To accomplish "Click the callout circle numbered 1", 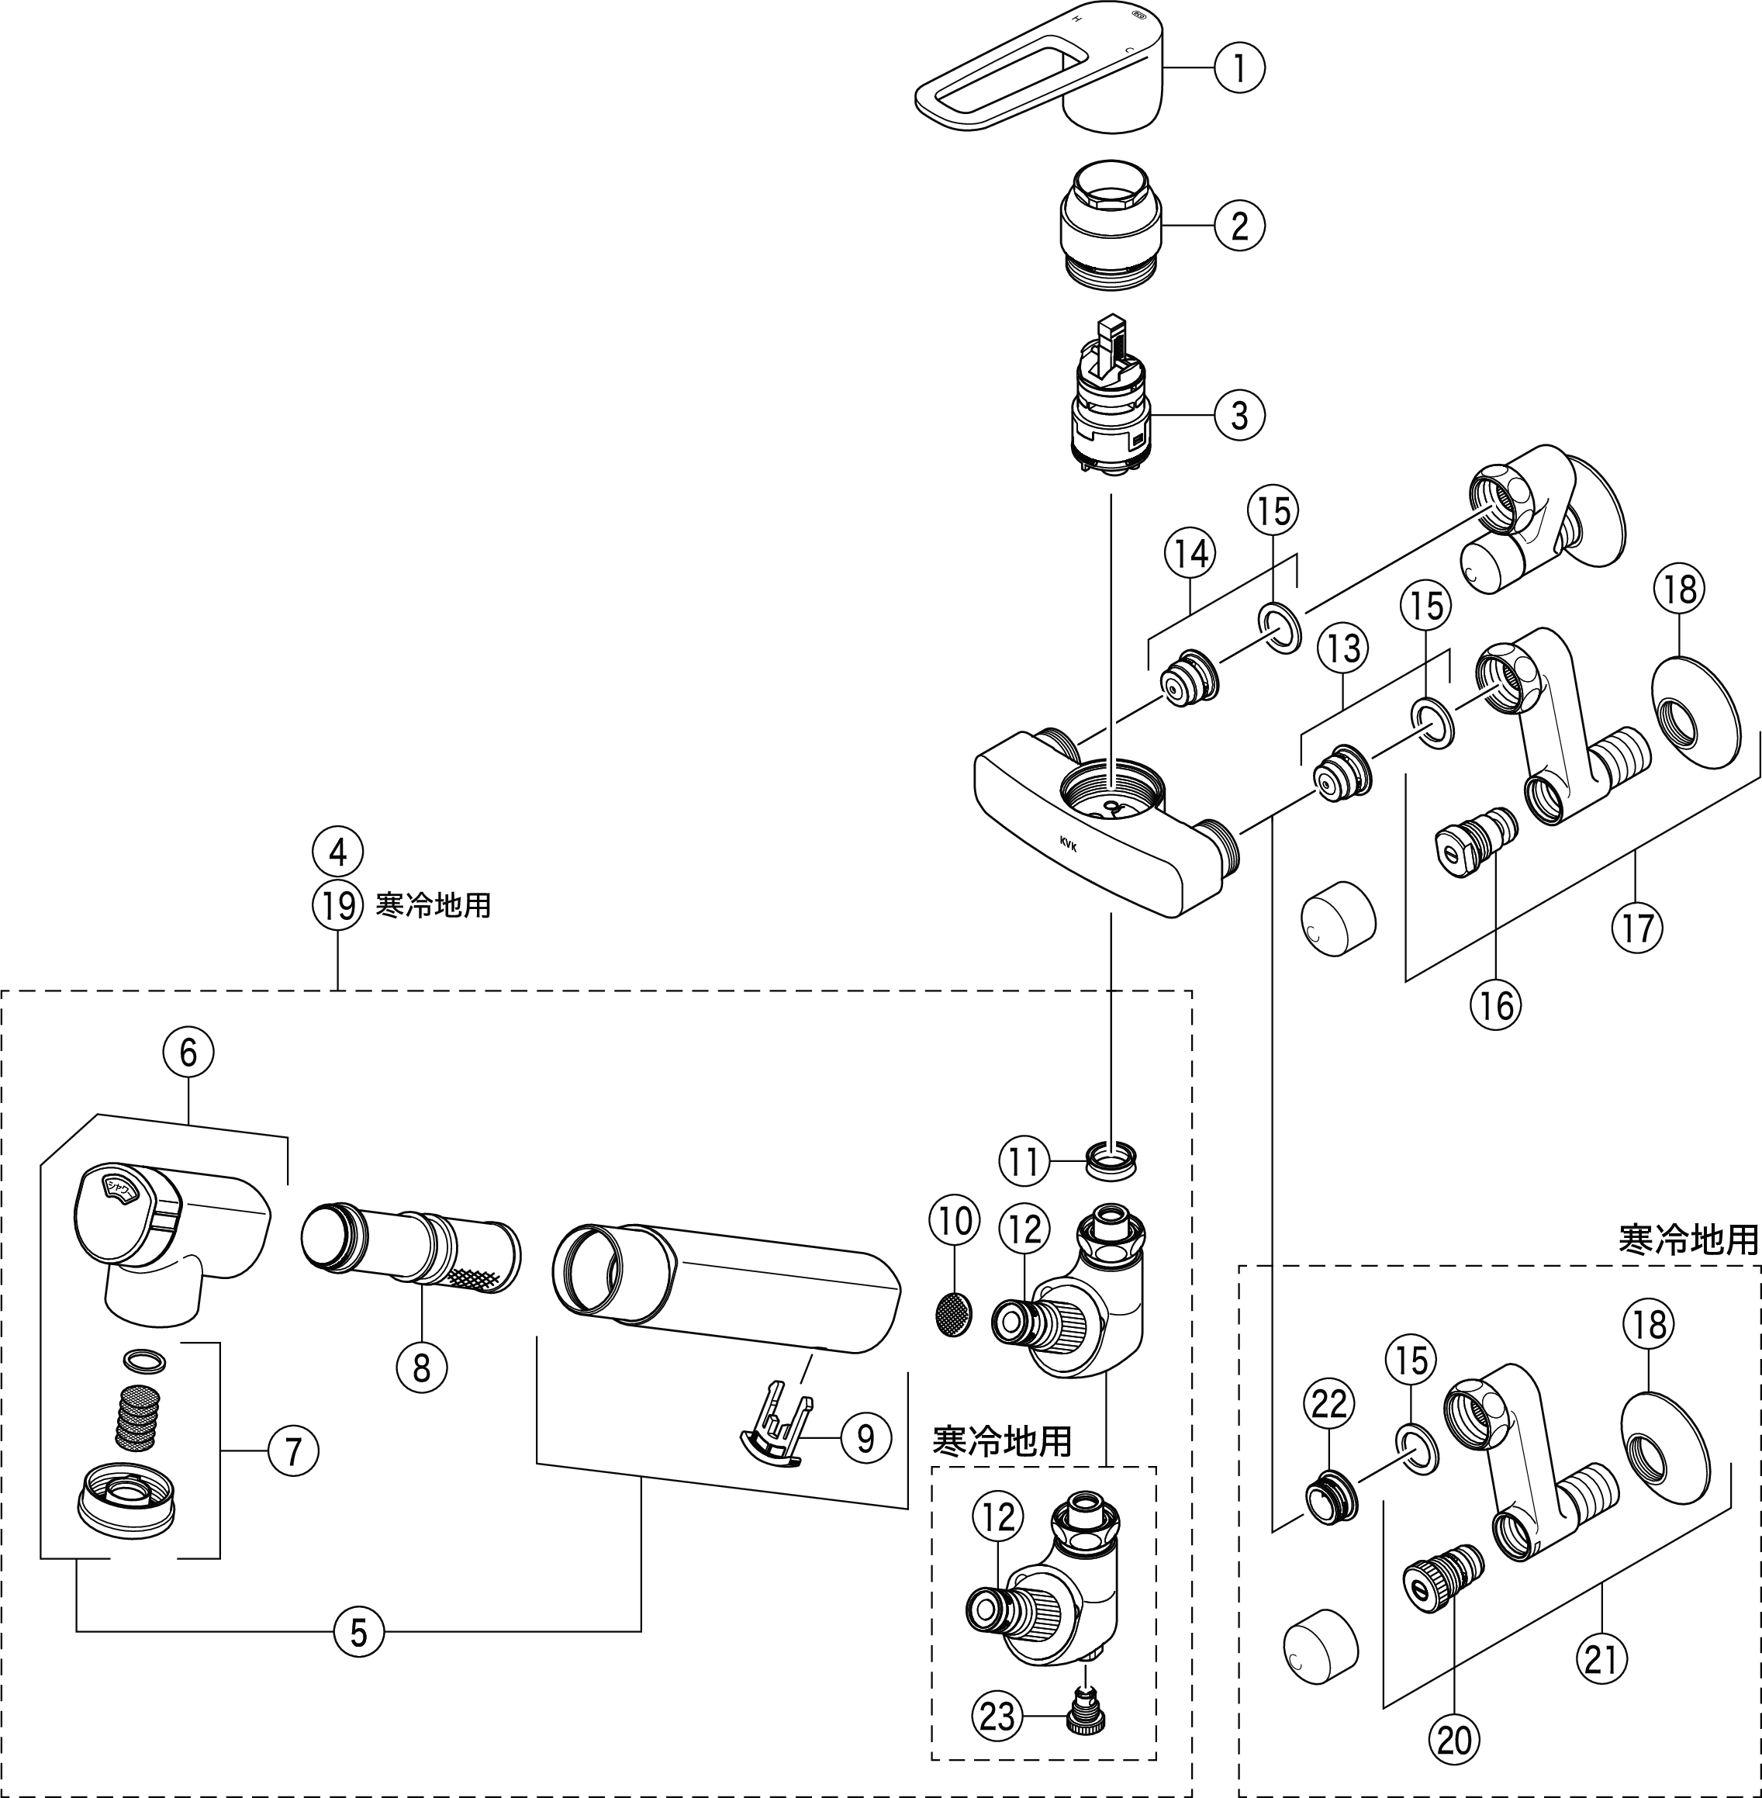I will click(x=1239, y=67).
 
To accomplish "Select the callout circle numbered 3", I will click(x=1239, y=416).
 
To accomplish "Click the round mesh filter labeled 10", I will click(x=954, y=1312).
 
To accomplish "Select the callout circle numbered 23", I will click(x=997, y=1718).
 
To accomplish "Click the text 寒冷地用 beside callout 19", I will click(x=433, y=905).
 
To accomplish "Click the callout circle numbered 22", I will click(x=1330, y=1405).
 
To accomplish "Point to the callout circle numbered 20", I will click(x=1454, y=1741).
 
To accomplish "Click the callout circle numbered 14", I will click(x=1190, y=553).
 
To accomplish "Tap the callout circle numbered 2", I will click(x=1239, y=225).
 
